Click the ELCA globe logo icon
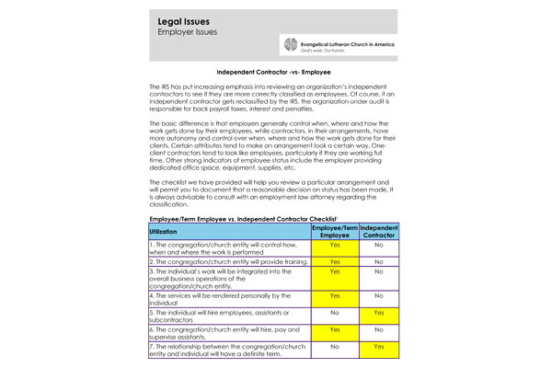tap(291, 46)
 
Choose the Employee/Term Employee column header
tap(335, 231)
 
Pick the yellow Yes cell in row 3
tap(335, 273)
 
